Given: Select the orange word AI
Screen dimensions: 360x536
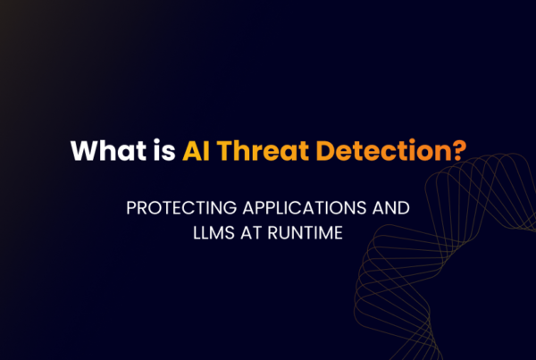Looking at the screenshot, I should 196,150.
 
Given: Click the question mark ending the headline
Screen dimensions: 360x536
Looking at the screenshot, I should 457,150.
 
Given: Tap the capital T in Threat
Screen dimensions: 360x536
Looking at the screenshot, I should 223,150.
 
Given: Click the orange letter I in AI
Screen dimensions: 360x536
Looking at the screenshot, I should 205,150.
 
